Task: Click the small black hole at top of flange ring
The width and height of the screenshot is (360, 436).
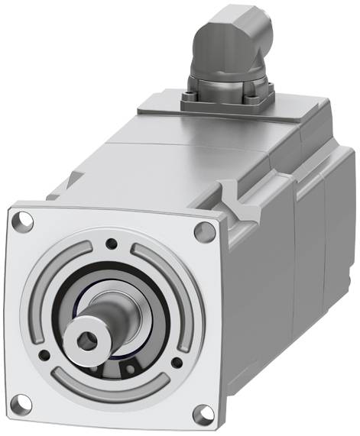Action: [112, 244]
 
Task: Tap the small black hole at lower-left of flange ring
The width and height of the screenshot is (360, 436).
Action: [45, 354]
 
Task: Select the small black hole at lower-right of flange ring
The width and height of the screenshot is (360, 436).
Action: [177, 365]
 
